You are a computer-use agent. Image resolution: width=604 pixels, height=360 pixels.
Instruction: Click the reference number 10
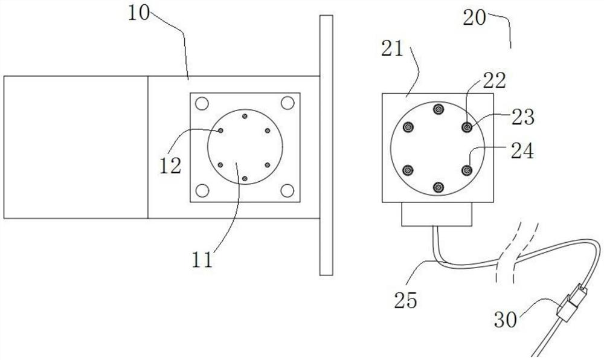point(140,13)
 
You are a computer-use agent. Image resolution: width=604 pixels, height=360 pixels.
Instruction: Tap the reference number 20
point(475,18)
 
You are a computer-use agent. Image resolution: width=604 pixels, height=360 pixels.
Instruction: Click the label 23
point(522,117)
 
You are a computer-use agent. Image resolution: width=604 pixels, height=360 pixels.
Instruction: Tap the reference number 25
point(404,300)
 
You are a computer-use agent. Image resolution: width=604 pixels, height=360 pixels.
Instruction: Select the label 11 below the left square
point(202,260)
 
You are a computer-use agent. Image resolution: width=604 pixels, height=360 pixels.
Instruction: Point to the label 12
point(171,165)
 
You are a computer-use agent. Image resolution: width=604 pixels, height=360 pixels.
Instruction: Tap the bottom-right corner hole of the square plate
point(288,191)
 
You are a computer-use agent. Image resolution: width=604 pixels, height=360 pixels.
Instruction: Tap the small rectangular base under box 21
point(437,214)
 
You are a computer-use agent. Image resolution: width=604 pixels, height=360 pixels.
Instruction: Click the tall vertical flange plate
point(326,145)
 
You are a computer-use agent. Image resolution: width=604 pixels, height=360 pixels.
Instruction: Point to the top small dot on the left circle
point(244,116)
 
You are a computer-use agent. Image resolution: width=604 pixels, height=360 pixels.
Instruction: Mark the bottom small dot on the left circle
point(244,179)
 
